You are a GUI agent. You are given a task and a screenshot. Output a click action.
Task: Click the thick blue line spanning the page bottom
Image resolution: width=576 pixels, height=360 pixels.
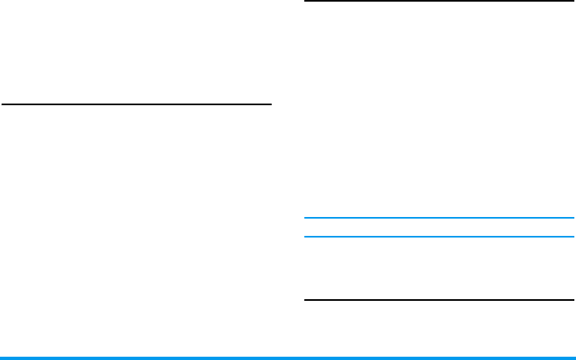(288, 358)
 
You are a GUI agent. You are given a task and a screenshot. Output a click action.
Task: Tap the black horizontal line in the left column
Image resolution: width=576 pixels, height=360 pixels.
(136, 104)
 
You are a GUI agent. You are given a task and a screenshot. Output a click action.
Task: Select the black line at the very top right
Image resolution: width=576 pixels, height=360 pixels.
(439, 2)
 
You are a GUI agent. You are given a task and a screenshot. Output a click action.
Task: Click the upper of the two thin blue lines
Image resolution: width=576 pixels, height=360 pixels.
(439, 218)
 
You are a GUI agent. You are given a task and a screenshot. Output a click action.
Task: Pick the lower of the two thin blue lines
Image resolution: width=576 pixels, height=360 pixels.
(439, 237)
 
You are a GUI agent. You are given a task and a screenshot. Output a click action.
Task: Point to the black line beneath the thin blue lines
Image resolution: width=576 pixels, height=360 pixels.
(439, 300)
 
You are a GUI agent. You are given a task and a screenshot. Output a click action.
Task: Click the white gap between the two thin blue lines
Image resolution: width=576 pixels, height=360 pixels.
(439, 228)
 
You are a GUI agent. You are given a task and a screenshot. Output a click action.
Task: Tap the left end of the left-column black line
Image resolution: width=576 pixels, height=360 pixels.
(3, 104)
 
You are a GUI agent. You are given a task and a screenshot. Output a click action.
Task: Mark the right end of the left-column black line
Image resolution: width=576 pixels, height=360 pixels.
(270, 104)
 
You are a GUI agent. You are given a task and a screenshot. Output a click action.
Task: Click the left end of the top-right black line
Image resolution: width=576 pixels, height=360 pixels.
(306, 2)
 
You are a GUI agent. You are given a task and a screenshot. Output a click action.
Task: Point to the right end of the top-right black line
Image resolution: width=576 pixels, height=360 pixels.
(572, 2)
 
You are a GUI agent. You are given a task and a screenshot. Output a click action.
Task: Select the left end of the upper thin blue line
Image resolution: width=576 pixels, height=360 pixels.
(306, 218)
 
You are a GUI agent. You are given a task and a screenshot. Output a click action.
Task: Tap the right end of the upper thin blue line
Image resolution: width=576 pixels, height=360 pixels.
(572, 218)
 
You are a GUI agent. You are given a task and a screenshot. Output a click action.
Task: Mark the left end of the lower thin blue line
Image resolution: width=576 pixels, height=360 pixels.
(306, 237)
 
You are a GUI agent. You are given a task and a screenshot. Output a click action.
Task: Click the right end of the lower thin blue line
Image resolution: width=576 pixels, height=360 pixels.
(572, 237)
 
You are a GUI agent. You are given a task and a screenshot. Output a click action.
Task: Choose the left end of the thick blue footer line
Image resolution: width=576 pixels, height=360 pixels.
(2, 358)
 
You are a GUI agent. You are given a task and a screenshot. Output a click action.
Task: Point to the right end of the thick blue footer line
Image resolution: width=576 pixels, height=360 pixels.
(574, 358)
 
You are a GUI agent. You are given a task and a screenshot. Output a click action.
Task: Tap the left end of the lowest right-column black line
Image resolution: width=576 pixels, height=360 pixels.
(306, 300)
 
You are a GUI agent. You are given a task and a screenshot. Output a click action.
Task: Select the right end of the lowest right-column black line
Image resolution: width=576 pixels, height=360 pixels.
(572, 300)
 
